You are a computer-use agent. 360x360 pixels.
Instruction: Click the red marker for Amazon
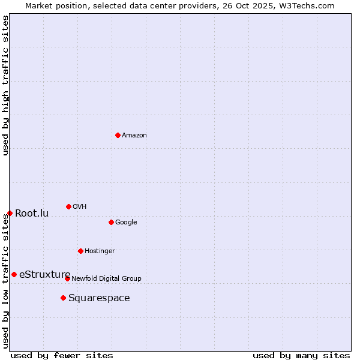118,135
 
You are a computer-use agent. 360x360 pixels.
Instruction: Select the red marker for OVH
68,206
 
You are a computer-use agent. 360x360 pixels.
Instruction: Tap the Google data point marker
111,222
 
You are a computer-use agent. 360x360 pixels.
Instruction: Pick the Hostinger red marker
80,251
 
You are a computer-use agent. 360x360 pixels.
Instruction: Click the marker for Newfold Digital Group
67,278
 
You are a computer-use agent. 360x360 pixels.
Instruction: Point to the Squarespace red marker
63,298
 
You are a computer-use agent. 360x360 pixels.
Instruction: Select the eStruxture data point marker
14,274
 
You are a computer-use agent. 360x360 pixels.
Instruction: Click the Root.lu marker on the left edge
10,213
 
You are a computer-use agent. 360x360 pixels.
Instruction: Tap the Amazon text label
134,136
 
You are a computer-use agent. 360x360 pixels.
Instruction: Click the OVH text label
79,207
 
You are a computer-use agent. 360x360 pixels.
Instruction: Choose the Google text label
126,223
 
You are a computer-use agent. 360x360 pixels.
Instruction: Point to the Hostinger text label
100,251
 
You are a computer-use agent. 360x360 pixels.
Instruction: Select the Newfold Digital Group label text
106,278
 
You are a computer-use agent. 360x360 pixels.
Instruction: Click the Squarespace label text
99,298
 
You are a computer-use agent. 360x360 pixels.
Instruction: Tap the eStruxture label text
44,275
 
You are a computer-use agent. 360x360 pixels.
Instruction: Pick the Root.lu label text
32,214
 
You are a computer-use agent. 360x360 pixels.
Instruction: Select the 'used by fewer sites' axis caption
62,355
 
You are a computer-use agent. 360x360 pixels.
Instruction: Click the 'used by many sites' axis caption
301,355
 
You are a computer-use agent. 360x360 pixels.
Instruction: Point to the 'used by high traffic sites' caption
5,85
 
